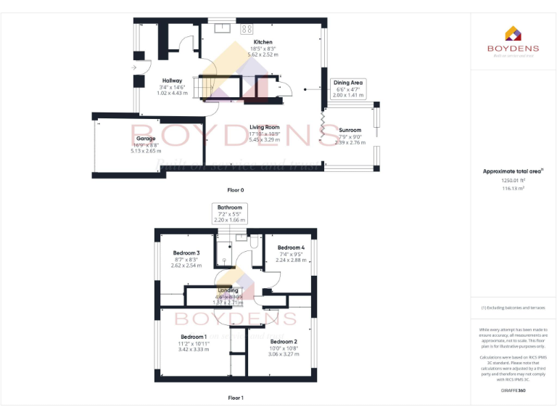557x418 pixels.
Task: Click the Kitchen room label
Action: click(262, 42)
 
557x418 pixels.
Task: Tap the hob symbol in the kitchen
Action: click(247, 29)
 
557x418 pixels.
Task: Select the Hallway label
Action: click(172, 81)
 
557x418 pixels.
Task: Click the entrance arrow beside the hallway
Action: click(134, 67)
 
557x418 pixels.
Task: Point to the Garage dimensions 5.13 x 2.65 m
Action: click(146, 150)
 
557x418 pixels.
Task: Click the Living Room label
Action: click(265, 127)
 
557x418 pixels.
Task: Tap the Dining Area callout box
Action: click(347, 89)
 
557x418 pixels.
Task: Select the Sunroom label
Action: click(350, 130)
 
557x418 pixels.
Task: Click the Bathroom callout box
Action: click(230, 213)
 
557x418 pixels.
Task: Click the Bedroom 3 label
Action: click(187, 253)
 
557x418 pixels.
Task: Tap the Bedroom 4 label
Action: click(290, 247)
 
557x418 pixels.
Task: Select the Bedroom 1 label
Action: click(194, 337)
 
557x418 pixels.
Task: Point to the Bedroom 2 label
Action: click(284, 341)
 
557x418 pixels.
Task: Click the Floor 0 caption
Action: click(236, 190)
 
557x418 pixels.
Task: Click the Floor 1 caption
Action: click(236, 398)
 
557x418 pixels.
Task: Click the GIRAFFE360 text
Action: click(513, 390)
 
